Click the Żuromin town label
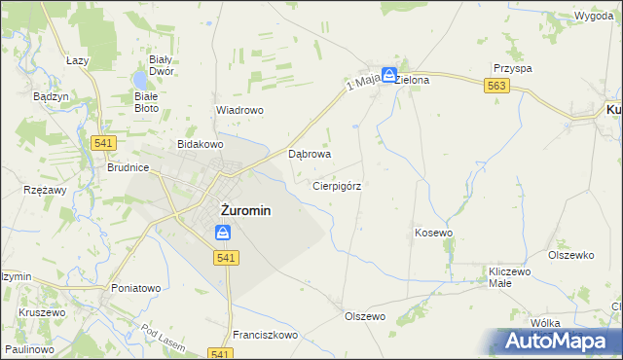click(x=233, y=209)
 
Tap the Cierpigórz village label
click(x=338, y=185)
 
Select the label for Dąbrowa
click(x=311, y=154)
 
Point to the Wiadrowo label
click(x=239, y=110)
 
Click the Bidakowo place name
click(x=200, y=144)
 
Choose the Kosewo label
click(x=434, y=234)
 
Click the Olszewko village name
click(x=570, y=255)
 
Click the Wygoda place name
click(x=593, y=18)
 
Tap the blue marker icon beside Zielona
click(x=388, y=74)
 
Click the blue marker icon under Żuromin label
click(x=223, y=233)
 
